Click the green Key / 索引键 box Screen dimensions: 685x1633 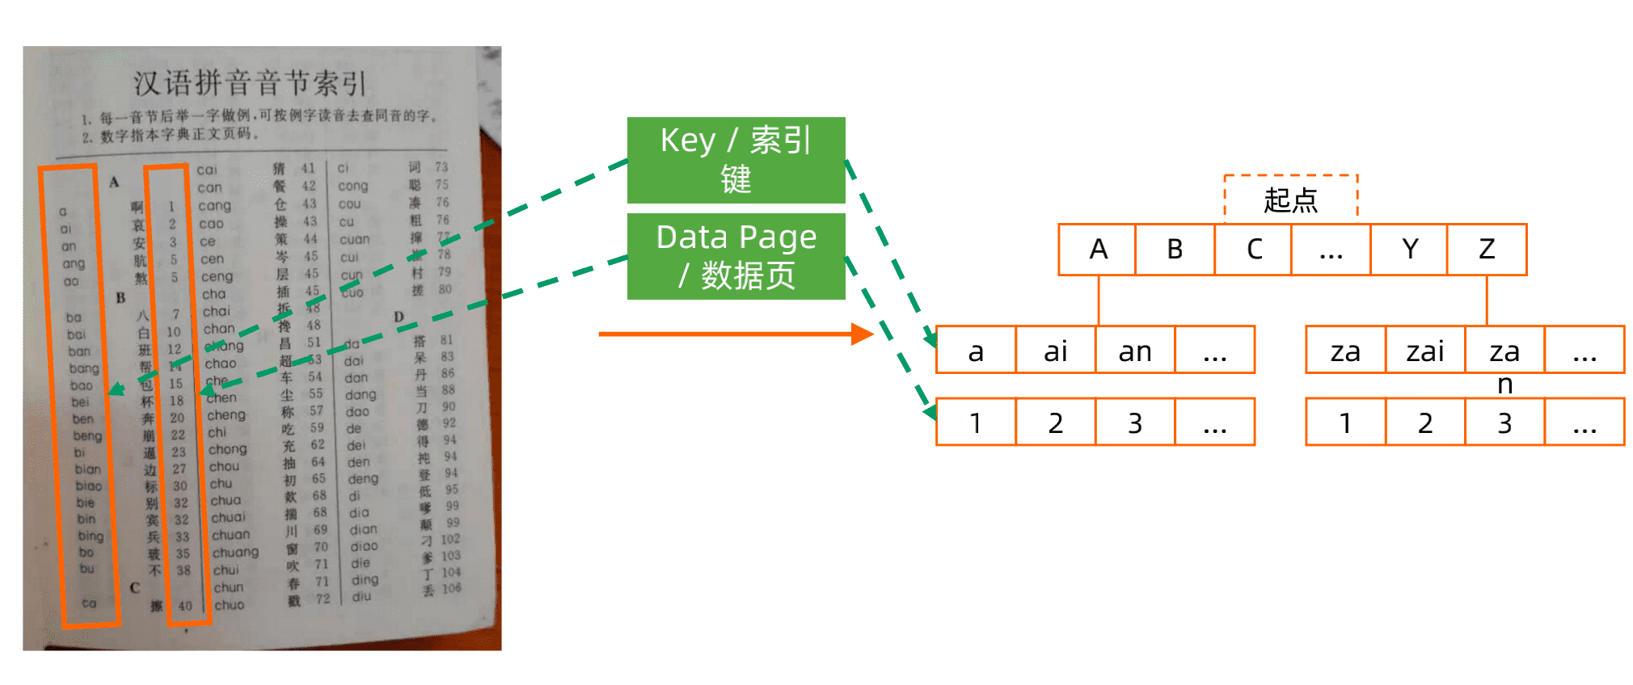[x=736, y=160]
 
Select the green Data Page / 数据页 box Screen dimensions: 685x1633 [x=736, y=256]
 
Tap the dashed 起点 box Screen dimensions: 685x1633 [x=1290, y=199]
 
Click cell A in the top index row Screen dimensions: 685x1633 [x=1098, y=250]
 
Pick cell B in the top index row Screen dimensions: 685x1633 [x=1175, y=250]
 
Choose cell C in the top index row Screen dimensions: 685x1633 [x=1253, y=250]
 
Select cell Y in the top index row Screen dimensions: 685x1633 [x=1409, y=250]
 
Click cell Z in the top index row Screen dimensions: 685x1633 [x=1487, y=250]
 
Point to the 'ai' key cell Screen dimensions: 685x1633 [x=1055, y=351]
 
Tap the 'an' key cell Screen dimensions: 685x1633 [x=1134, y=351]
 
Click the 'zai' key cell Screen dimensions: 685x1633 [x=1424, y=351]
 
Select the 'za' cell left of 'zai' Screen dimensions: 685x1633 [x=1345, y=351]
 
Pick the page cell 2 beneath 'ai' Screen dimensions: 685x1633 [x=1055, y=422]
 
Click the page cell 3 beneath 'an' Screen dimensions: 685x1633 [x=1134, y=422]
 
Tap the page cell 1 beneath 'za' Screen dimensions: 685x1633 [x=1345, y=422]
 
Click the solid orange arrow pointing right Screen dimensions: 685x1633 [x=728, y=334]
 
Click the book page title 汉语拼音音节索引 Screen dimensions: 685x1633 [x=250, y=83]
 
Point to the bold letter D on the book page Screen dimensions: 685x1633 [x=399, y=317]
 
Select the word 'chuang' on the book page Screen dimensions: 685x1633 [x=235, y=553]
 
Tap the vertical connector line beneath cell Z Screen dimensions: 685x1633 [x=1487, y=300]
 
